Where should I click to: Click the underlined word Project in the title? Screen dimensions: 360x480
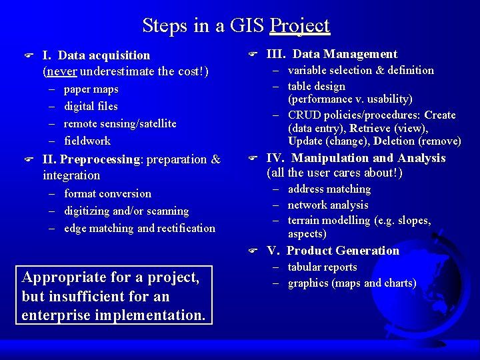coord(300,26)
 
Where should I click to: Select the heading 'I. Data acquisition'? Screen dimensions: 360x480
coord(96,55)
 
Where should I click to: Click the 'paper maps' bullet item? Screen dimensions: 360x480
coord(91,89)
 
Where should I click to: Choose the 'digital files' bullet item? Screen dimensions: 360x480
coord(91,106)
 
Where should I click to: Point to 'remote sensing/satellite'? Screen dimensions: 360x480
coord(120,123)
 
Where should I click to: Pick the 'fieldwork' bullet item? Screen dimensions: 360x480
coord(87,141)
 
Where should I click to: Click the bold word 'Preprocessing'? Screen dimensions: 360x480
coord(100,159)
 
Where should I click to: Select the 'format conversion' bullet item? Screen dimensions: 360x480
coord(107,193)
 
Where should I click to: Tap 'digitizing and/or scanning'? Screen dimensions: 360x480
coord(126,211)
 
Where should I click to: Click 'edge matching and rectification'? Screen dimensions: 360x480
coord(139,228)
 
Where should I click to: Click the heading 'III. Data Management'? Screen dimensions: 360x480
coord(332,54)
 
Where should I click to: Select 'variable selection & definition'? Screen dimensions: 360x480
coord(361,70)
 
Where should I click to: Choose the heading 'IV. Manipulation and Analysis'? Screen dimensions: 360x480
coord(356,158)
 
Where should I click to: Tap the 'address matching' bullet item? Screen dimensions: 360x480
coord(329,189)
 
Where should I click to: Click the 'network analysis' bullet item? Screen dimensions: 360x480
coord(328,205)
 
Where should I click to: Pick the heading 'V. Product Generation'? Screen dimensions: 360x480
coord(333,251)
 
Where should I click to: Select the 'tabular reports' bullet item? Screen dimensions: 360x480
coord(322,267)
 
